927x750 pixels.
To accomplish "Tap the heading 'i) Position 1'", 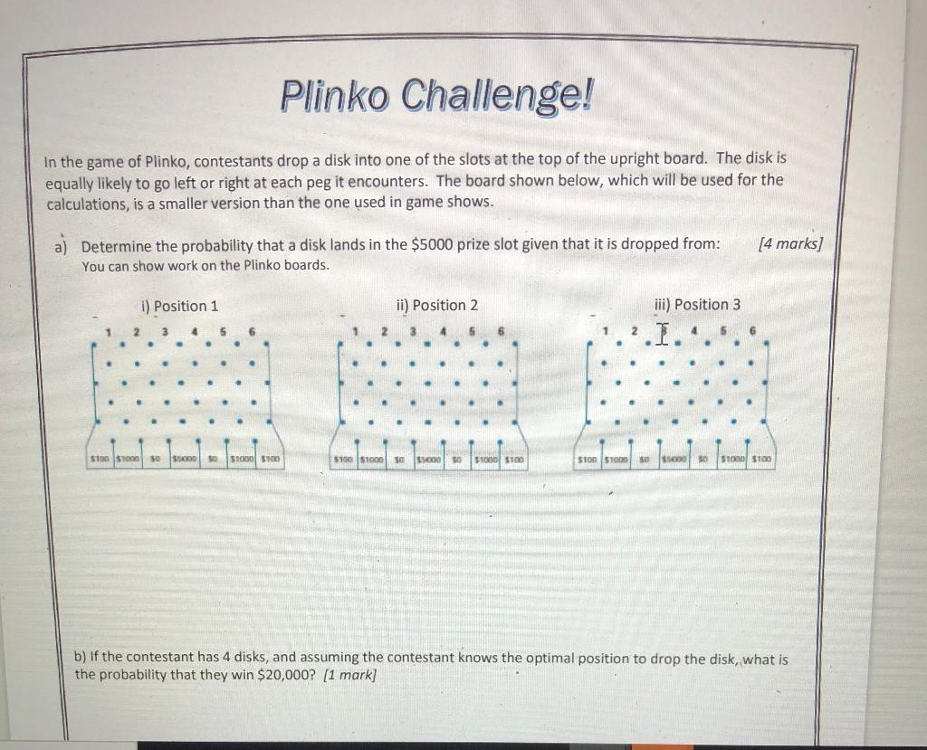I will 180,306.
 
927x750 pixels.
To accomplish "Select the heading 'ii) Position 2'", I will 436,305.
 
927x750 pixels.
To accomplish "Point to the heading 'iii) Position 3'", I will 696,304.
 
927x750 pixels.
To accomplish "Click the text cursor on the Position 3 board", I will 663,335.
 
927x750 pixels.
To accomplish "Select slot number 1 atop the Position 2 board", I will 358,332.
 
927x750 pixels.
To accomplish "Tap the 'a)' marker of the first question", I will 64,247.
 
